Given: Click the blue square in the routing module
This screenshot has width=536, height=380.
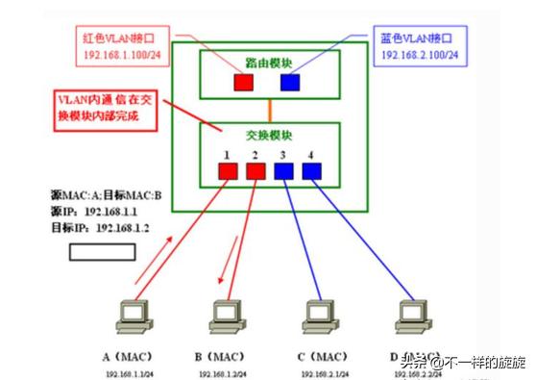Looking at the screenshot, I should pyautogui.click(x=289, y=80).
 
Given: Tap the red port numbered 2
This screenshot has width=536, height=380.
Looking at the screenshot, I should pyautogui.click(x=256, y=171).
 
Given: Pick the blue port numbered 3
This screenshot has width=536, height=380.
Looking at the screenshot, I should pyautogui.click(x=284, y=171).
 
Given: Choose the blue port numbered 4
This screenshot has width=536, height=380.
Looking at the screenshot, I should pyautogui.click(x=311, y=171).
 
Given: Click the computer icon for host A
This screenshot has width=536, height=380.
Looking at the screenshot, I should pyautogui.click(x=128, y=317).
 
